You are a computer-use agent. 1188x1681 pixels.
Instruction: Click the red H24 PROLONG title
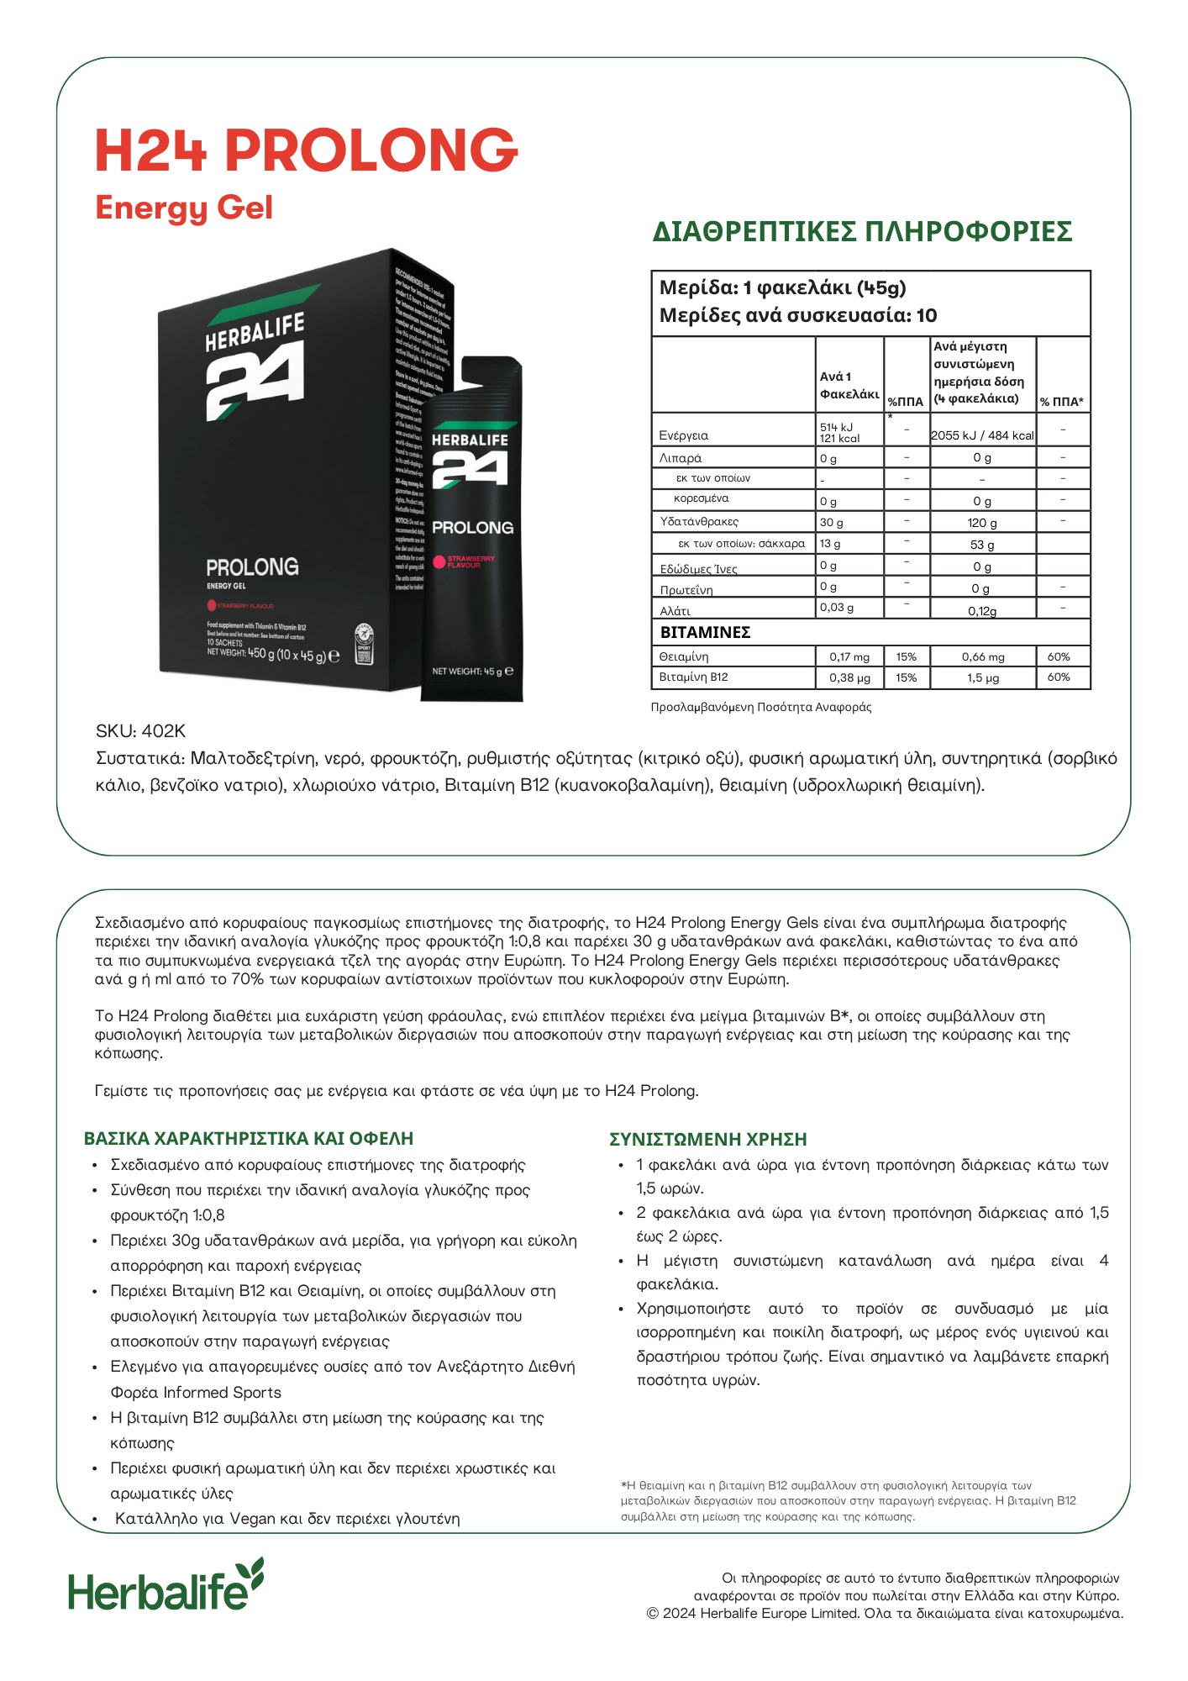pos(306,150)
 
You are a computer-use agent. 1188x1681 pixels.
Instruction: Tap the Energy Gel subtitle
pos(184,208)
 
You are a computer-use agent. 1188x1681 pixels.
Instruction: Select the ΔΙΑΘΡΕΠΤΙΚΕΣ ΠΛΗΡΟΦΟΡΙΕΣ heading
pos(862,232)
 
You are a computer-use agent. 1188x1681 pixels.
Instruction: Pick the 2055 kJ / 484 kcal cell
pos(982,435)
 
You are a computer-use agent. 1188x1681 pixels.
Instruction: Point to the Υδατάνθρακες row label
pos(699,521)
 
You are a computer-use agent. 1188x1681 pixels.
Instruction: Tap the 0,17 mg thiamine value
pos(849,656)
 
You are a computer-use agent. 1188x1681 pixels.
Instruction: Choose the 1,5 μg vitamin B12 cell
pos(982,677)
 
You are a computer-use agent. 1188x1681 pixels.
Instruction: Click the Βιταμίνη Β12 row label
pos(694,677)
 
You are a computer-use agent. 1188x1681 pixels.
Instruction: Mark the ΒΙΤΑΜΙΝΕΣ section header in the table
pos(705,632)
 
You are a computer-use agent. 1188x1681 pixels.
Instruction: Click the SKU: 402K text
pos(140,731)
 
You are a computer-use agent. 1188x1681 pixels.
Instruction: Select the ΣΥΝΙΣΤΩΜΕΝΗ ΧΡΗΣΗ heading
pos(707,1139)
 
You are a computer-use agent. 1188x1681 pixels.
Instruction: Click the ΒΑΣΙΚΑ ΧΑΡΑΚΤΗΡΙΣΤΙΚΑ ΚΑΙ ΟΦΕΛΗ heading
pos(249,1138)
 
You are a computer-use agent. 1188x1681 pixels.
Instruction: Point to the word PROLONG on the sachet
pos(472,528)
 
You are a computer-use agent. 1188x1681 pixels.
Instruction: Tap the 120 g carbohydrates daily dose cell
pos(982,523)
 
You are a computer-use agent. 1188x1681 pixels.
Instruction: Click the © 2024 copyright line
pos(885,1613)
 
